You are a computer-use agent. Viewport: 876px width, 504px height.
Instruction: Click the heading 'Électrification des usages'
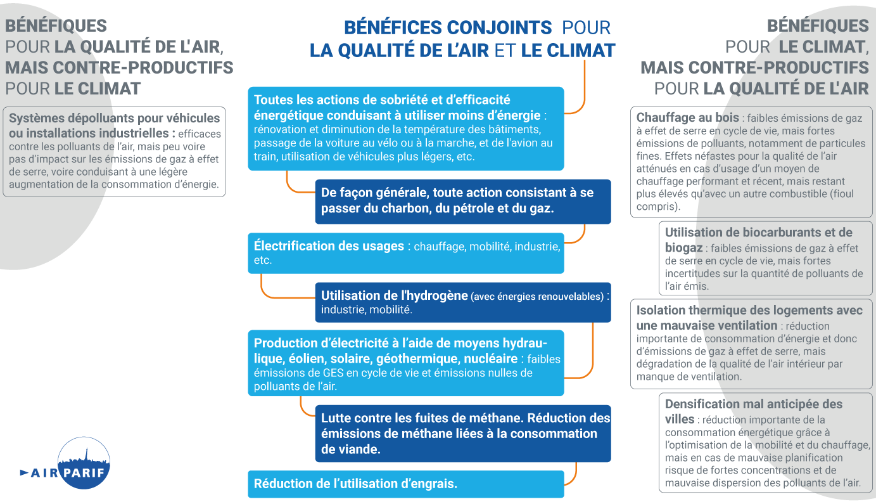[x=329, y=246]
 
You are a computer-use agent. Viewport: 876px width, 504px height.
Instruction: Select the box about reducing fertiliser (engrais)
[x=405, y=484]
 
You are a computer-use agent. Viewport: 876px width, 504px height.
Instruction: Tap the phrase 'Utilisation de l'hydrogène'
[x=395, y=295]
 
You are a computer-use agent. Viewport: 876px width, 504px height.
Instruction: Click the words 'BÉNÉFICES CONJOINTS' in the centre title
[x=448, y=27]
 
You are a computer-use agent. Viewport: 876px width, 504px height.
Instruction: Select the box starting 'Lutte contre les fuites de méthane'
[x=462, y=434]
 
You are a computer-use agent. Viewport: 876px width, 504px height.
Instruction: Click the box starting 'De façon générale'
[x=462, y=201]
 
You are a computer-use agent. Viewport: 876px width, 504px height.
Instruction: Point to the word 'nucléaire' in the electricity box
[x=490, y=359]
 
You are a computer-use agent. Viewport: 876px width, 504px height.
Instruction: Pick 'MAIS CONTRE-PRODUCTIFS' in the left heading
[x=119, y=67]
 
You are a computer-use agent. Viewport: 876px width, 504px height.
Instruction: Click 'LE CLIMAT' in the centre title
[x=568, y=51]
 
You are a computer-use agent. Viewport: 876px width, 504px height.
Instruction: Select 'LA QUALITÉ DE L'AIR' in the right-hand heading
[x=786, y=88]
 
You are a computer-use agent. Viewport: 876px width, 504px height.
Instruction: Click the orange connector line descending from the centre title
[x=583, y=89]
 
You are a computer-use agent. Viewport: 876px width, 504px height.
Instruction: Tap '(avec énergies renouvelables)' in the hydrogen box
[x=538, y=296]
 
